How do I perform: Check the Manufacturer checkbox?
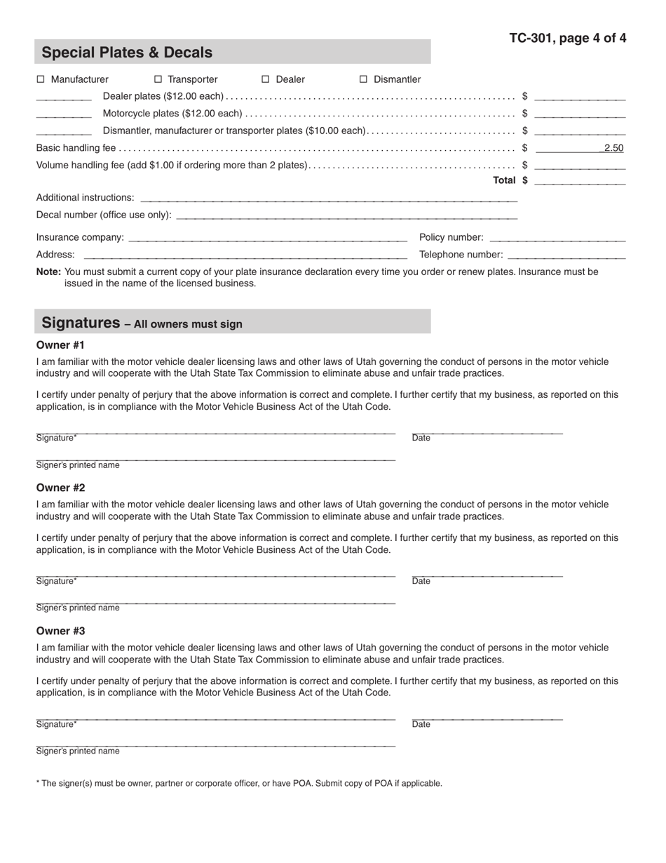[x=41, y=79]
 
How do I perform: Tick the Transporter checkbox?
[x=158, y=79]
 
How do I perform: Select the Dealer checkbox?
[x=266, y=79]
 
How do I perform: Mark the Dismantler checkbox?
[x=363, y=79]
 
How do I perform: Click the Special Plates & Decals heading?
[x=127, y=53]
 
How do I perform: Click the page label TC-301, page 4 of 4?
[x=567, y=39]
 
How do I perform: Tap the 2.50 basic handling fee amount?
[x=613, y=148]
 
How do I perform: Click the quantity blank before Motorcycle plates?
[x=64, y=113]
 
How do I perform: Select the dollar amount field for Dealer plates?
[x=579, y=96]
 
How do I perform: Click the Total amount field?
[x=579, y=180]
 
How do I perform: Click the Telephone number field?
[x=566, y=254]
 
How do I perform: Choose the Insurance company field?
[x=268, y=237]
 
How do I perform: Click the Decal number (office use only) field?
[x=346, y=215]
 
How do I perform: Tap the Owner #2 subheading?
[x=61, y=488]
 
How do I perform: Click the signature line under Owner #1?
[x=215, y=430]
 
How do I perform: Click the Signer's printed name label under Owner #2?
[x=78, y=608]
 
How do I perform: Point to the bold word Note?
[x=48, y=272]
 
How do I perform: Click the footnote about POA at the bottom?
[x=239, y=783]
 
